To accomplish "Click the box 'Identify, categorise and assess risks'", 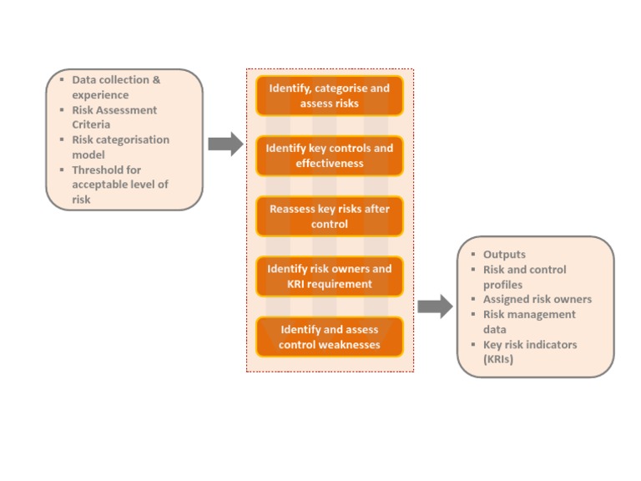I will coord(329,96).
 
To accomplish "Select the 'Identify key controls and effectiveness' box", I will coord(329,156).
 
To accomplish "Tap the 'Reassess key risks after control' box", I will coord(329,216).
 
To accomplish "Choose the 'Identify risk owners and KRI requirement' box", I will coord(329,276).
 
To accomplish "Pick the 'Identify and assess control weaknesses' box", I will coord(329,337).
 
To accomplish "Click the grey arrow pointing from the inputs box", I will coord(225,144).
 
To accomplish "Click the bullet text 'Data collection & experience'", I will coord(116,88).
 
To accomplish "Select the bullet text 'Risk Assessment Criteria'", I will coord(114,118).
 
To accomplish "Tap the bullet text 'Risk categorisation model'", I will coord(120,148).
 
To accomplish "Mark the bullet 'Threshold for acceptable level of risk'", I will coord(119,185).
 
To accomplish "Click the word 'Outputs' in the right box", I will coord(504,255).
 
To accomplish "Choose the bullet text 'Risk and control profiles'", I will coord(524,277).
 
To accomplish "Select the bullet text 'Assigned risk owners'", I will coord(538,300).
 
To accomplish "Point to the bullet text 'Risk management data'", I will coord(529,322).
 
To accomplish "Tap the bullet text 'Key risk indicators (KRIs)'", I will coord(529,352).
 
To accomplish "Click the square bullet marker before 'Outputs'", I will coord(473,255).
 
